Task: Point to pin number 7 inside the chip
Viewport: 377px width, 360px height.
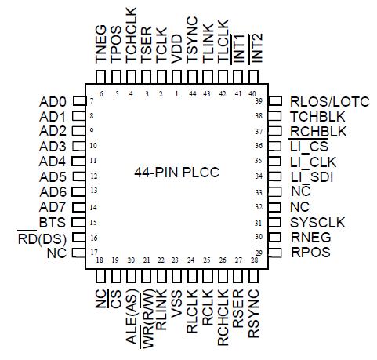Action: pyautogui.click(x=92, y=102)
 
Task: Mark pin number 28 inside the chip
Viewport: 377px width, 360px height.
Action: pyautogui.click(x=252, y=260)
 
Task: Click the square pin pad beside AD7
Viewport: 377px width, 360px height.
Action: pyautogui.click(x=78, y=207)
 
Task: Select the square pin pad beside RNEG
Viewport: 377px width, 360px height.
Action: pyautogui.click(x=274, y=237)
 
